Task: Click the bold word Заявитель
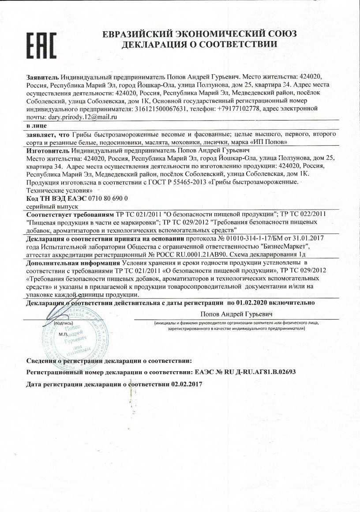(42, 76)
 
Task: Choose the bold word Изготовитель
(48, 151)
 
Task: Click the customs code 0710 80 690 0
(108, 199)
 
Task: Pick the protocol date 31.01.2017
(309, 238)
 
